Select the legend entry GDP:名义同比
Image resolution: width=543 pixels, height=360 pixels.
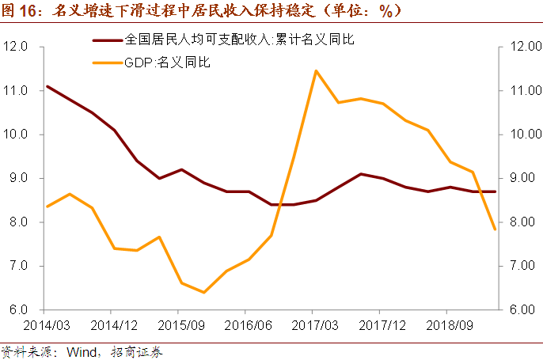point(168,60)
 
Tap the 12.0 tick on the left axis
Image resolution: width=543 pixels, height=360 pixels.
point(17,47)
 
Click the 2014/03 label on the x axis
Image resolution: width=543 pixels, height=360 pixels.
point(45,324)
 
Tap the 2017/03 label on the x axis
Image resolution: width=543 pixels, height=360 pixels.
point(315,324)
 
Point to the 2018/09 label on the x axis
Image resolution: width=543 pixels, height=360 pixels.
point(450,324)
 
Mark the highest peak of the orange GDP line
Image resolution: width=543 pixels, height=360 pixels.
point(316,70)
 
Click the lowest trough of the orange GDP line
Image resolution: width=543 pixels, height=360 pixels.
point(203,293)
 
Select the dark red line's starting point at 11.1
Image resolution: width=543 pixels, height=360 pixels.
point(47,86)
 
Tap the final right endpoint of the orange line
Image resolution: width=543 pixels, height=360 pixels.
point(495,229)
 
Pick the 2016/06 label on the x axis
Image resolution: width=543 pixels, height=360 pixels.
point(248,324)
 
